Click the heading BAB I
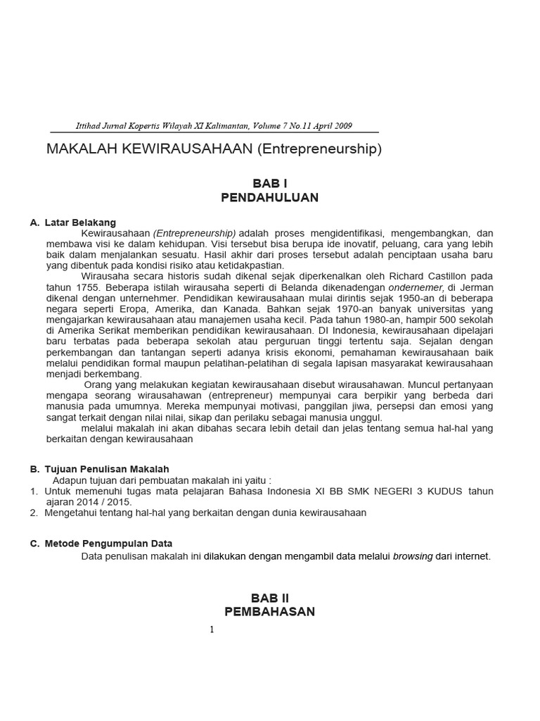pos(270,183)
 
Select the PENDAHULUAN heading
pos(270,198)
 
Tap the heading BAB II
pos(270,598)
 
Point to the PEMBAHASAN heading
pos(270,612)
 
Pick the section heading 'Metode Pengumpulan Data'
pos(108,544)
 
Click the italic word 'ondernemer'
pos(416,287)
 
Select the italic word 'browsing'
pos(413,556)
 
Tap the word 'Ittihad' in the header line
pos(89,126)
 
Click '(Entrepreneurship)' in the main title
pos(319,149)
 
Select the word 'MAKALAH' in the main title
pos(79,149)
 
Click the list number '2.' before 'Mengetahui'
pos(34,513)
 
